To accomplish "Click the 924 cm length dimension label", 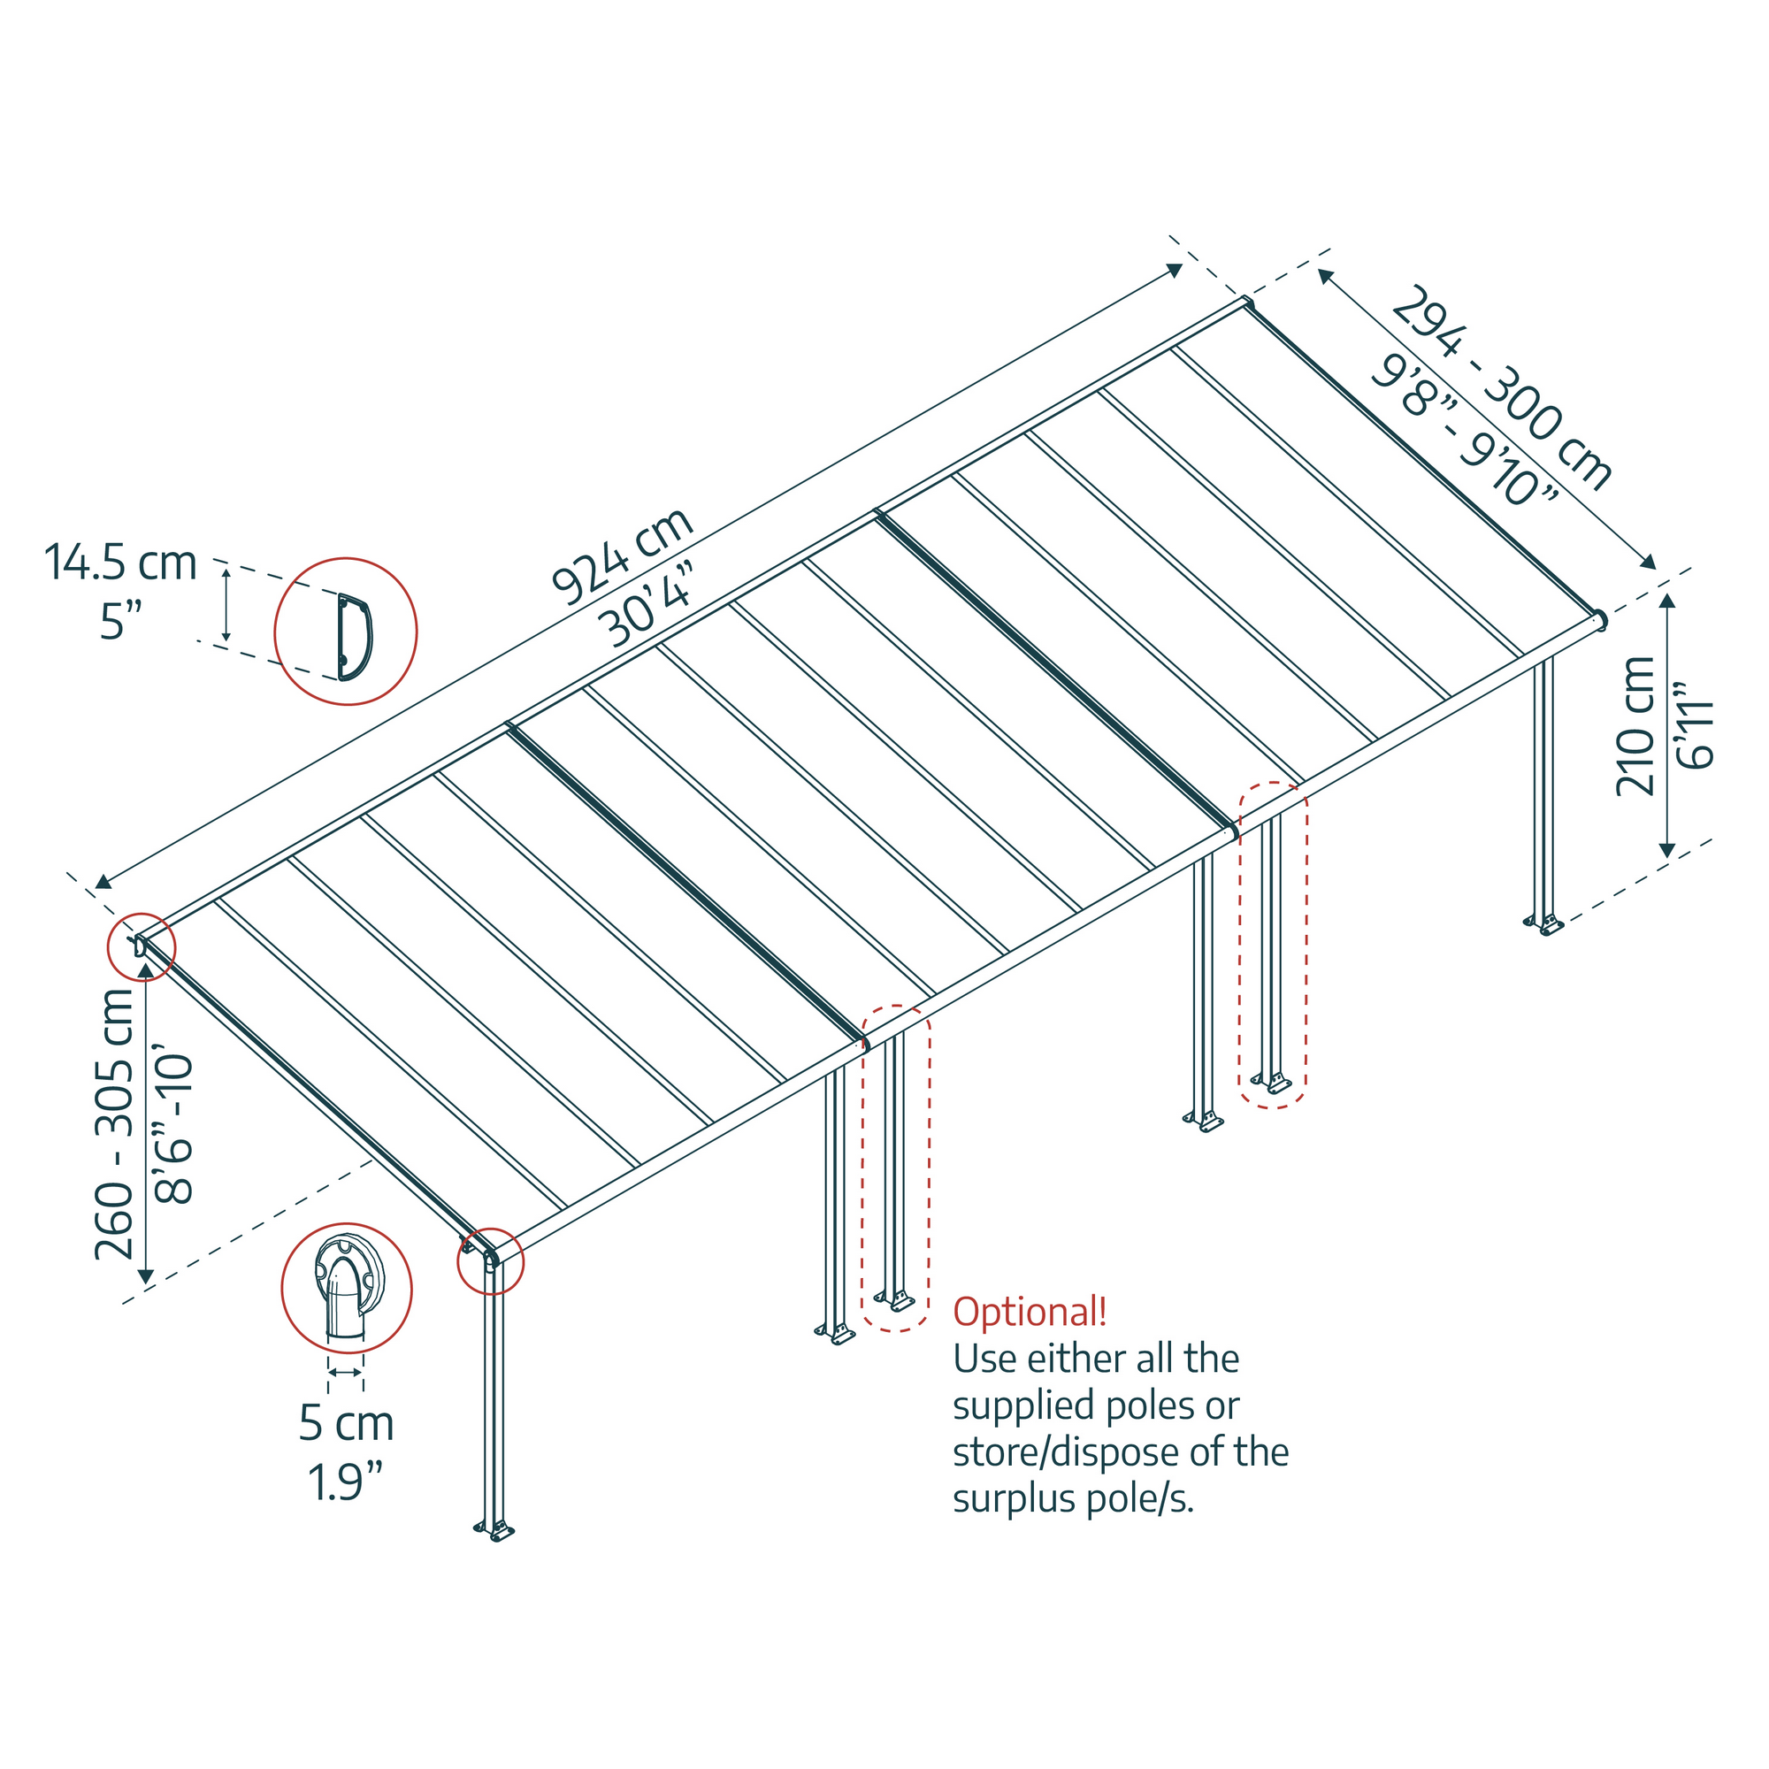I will pyautogui.click(x=622, y=556).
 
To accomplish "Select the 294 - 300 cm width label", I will pyautogui.click(x=1501, y=388).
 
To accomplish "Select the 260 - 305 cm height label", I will pyautogui.click(x=115, y=1125).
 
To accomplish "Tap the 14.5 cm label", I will pyautogui.click(x=121, y=563).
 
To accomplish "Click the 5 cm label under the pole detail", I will pyautogui.click(x=346, y=1422).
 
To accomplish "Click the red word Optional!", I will pyautogui.click(x=1030, y=1311).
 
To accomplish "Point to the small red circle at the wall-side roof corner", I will pyautogui.click(x=141, y=946).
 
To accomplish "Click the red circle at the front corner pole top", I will pyautogui.click(x=491, y=1260).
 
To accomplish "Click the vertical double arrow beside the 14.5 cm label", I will pyautogui.click(x=226, y=603).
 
